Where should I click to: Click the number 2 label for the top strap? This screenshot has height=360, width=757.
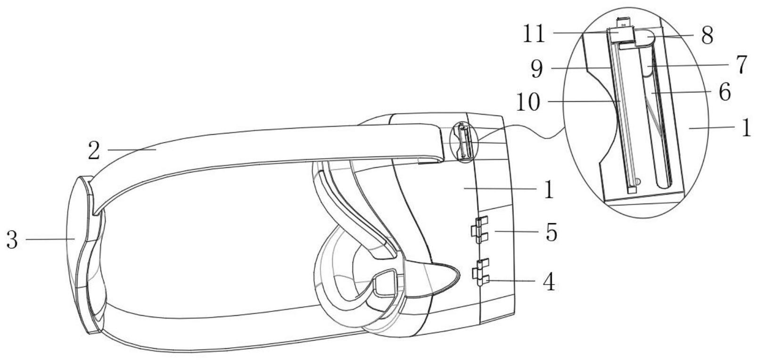click(x=94, y=151)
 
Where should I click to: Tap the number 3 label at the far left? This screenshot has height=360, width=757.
click(x=12, y=240)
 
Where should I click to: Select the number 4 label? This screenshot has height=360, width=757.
click(x=549, y=281)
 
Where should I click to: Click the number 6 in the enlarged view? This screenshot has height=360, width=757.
click(x=724, y=91)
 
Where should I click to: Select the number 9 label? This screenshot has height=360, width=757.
click(x=537, y=69)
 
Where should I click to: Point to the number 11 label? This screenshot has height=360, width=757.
click(x=534, y=33)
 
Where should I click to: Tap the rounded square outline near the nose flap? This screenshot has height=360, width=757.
click(x=385, y=282)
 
